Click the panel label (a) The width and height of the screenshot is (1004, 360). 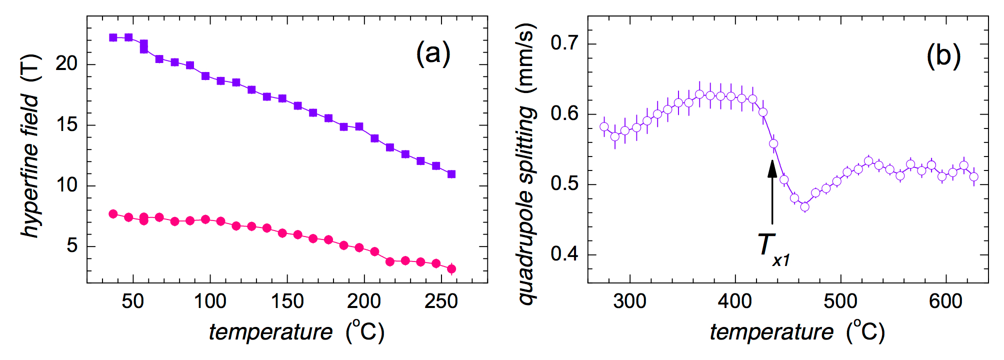pyautogui.click(x=433, y=53)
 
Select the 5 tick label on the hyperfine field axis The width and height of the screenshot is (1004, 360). pyautogui.click(x=72, y=246)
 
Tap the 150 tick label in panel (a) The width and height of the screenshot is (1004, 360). pyautogui.click(x=287, y=301)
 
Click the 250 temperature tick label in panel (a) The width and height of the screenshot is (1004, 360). pyautogui.click(x=441, y=301)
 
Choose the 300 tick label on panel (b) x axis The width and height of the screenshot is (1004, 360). pyautogui.click(x=629, y=301)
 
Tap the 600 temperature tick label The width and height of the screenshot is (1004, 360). pyautogui.click(x=945, y=301)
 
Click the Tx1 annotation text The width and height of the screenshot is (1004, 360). pyautogui.click(x=772, y=248)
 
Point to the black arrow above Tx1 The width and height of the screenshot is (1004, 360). pyautogui.click(x=772, y=192)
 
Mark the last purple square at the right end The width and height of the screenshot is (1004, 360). pyautogui.click(x=451, y=174)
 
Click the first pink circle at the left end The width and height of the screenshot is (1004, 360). pyautogui.click(x=113, y=214)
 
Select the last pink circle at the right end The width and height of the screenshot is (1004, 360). pyautogui.click(x=451, y=269)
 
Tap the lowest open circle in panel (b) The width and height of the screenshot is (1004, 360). pyautogui.click(x=804, y=206)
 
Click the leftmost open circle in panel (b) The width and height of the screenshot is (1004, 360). pyautogui.click(x=604, y=126)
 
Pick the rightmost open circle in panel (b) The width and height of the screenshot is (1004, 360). pyautogui.click(x=973, y=176)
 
